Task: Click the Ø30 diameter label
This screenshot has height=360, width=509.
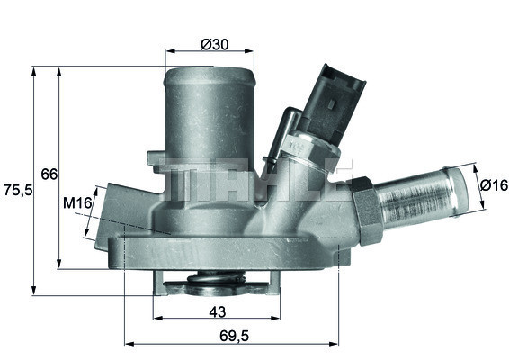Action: tap(213, 44)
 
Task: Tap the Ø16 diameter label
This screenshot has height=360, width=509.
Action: tap(493, 185)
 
